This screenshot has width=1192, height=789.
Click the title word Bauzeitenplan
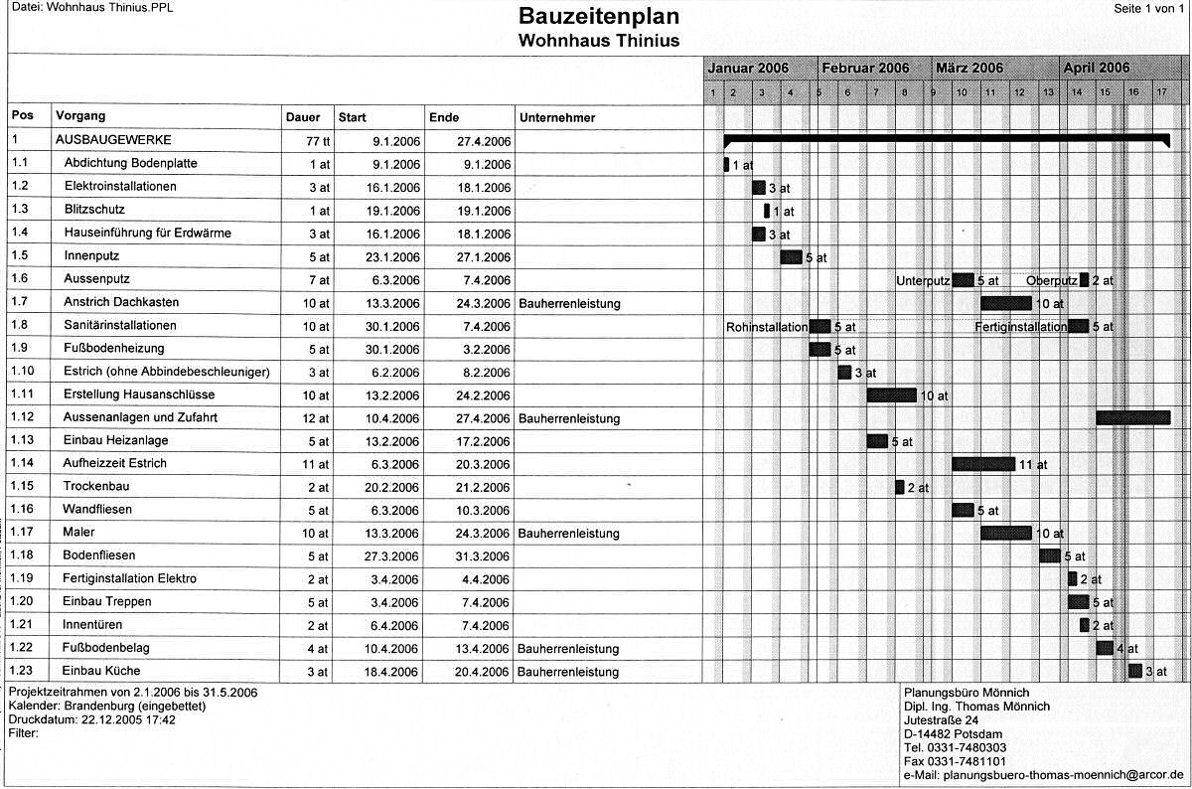click(598, 17)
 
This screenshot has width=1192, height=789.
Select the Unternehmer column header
click(557, 117)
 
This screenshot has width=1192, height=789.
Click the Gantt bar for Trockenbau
click(899, 487)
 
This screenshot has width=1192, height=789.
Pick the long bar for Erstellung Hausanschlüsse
click(891, 394)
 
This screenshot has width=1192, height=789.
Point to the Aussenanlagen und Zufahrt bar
click(1133, 417)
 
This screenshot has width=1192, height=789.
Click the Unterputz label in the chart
click(923, 280)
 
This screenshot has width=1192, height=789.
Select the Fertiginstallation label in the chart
click(1020, 326)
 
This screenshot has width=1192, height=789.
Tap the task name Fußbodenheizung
click(113, 349)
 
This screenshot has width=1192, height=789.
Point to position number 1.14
click(25, 464)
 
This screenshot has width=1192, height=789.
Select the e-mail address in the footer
click(1043, 774)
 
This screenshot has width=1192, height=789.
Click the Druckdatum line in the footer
click(91, 719)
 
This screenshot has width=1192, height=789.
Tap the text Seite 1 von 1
click(1150, 8)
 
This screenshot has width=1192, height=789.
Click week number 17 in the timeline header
click(1161, 92)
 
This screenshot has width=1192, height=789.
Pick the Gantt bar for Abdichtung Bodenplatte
click(726, 164)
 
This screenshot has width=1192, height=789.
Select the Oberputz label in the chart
click(1052, 280)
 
